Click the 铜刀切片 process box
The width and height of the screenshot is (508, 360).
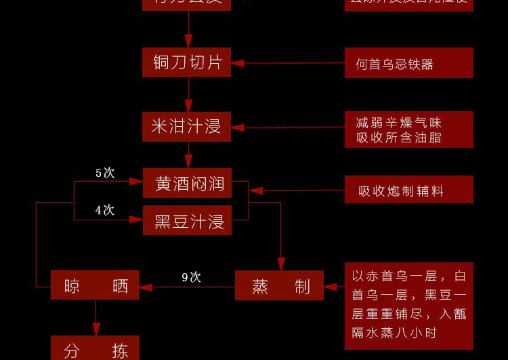pos(187,62)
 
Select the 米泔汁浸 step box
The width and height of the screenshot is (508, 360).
pos(186,127)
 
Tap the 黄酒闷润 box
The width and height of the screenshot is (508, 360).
pos(187,183)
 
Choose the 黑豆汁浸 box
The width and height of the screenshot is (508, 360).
pos(187,220)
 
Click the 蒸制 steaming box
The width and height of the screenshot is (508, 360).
pos(279,285)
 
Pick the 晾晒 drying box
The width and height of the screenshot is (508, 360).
pos(95,285)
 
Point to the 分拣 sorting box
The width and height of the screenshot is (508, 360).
pos(95,348)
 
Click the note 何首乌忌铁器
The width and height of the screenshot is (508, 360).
pos(408,63)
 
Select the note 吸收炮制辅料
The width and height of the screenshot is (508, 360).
pos(408,190)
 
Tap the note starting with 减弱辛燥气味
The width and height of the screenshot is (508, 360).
pos(408,129)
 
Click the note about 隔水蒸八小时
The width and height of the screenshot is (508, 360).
pos(408,305)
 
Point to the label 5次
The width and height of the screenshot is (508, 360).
pos(105,173)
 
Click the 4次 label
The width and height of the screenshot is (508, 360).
pos(105,210)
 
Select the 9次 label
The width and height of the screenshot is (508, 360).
pos(192,277)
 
